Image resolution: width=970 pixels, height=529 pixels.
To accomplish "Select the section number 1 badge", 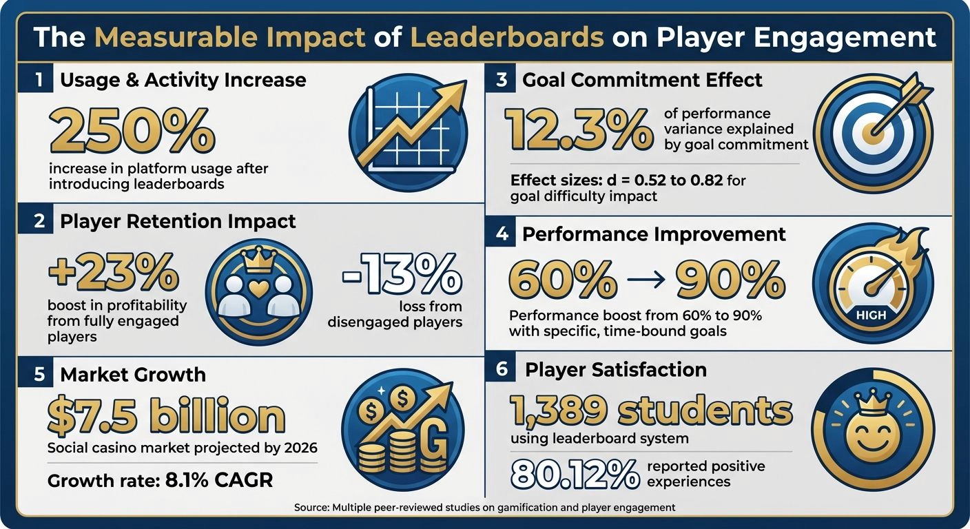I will click(x=39, y=80).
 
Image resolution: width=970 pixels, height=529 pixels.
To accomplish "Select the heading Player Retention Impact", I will click(x=178, y=221).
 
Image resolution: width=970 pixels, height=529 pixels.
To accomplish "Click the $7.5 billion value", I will click(x=165, y=416).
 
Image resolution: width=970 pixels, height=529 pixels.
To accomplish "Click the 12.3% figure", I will click(x=579, y=129).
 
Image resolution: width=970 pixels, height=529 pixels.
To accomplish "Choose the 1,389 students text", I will click(x=651, y=411).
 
